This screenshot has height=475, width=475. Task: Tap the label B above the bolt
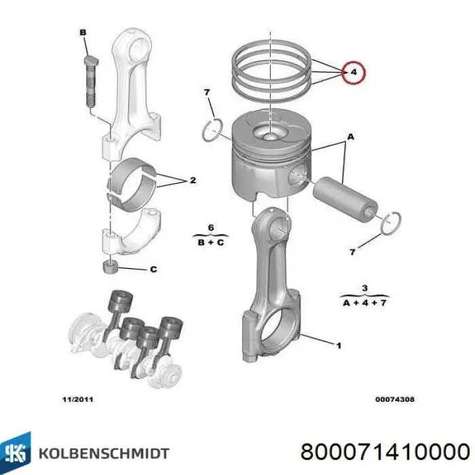tap(83, 32)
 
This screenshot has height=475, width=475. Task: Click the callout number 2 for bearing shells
tap(193, 180)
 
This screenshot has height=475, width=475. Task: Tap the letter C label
tap(153, 269)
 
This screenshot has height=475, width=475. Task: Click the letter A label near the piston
tap(351, 137)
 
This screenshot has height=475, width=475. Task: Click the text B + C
tap(211, 241)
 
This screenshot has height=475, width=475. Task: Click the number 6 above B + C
tap(210, 227)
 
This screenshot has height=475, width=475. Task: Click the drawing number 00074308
tap(395, 399)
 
